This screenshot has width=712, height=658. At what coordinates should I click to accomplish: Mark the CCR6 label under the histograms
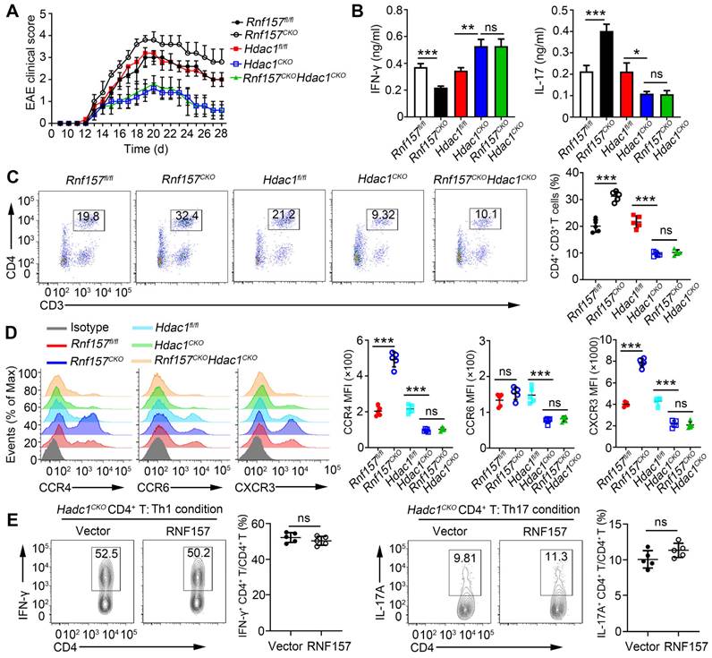tap(166, 461)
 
